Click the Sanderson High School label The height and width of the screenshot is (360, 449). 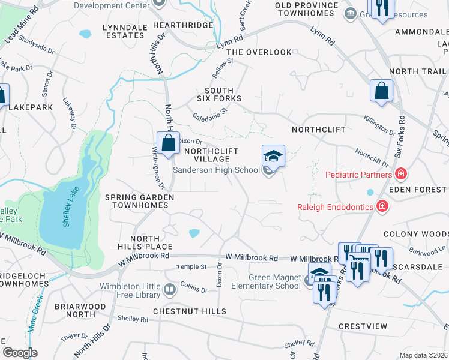coord(216,170)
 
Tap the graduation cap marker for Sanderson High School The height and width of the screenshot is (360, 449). coord(273,157)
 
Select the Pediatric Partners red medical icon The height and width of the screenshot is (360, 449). coord(400,175)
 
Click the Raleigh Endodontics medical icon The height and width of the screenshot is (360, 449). coord(381,207)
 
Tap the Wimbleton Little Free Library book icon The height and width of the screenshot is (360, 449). coord(170,291)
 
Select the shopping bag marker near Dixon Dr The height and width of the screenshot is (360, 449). coord(169,144)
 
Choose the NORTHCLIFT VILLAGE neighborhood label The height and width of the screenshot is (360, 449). coord(211,155)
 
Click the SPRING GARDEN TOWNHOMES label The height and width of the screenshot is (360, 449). coord(139,201)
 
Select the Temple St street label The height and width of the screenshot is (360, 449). coord(191,266)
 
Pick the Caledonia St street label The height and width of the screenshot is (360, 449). coord(210,113)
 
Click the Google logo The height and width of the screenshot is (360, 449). coord(20,352)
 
